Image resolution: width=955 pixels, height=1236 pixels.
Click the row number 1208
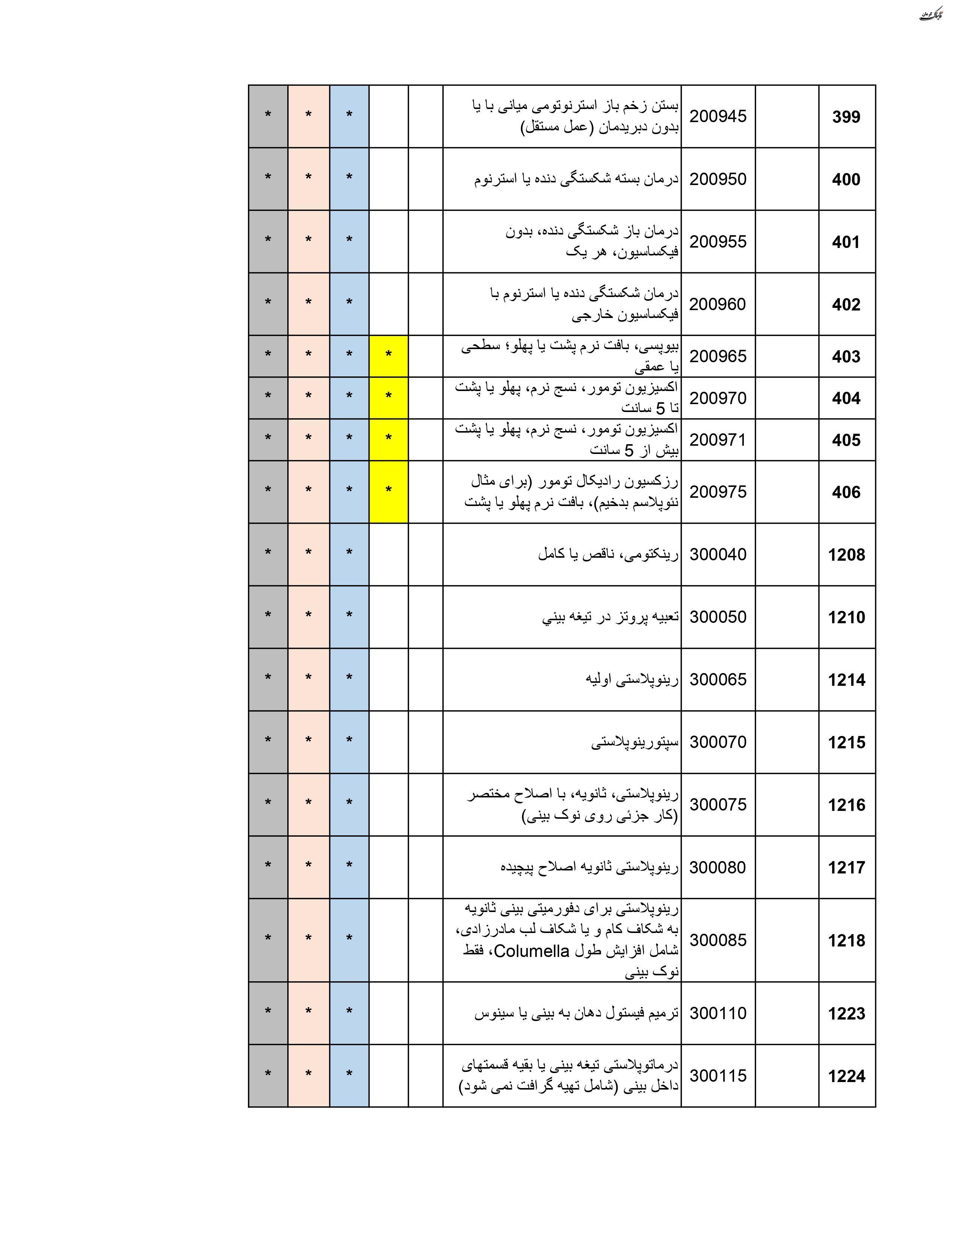tap(846, 555)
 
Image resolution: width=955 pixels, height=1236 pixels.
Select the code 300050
tap(718, 617)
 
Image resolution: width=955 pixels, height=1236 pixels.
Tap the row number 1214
tap(846, 680)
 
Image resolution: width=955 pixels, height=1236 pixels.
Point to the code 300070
tap(718, 742)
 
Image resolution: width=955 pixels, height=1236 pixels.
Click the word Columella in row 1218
tap(531, 951)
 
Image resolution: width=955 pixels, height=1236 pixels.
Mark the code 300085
tap(718, 940)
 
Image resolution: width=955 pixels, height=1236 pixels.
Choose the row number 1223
tap(846, 1014)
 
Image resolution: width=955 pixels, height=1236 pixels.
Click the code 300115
tap(718, 1076)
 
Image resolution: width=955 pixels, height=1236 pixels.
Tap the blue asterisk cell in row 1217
tap(349, 867)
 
